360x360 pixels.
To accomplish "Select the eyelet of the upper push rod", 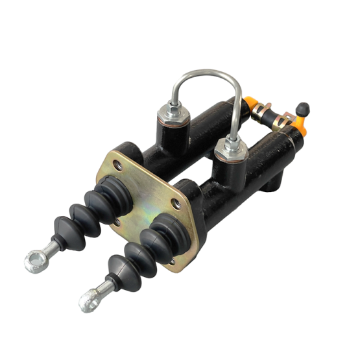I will (33, 262).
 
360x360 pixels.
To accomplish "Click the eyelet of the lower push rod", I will (88, 300).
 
